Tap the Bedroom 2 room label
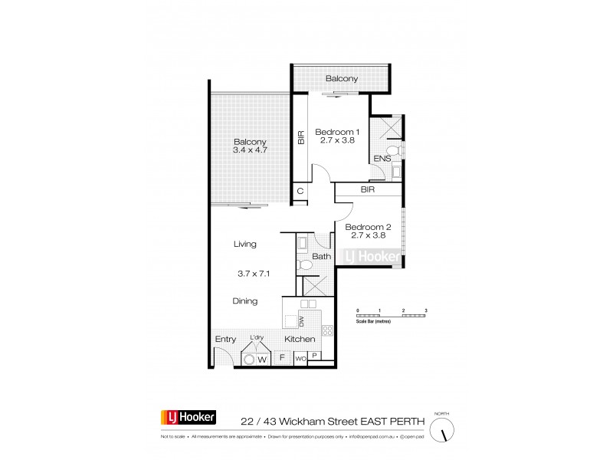tap(368, 226)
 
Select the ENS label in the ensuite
tap(382, 159)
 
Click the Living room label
tap(245, 244)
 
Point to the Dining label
tap(245, 301)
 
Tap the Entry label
tap(225, 339)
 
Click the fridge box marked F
tap(282, 357)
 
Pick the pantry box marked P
tap(315, 358)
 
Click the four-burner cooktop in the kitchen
tap(327, 330)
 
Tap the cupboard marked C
tap(300, 191)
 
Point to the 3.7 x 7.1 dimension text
tap(250, 273)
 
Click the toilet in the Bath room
tap(304, 265)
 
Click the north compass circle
tap(442, 432)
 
